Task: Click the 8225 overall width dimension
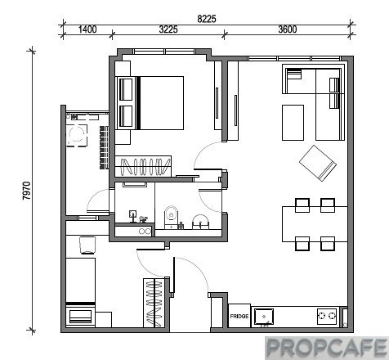(207, 19)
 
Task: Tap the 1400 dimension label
(87, 29)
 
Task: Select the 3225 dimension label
(168, 29)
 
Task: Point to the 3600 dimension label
(288, 29)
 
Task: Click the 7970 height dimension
(27, 191)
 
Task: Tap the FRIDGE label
(239, 316)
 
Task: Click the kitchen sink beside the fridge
(264, 317)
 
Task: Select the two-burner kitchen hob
(327, 316)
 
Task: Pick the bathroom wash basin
(200, 222)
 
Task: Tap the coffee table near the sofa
(293, 123)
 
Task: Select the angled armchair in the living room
(318, 163)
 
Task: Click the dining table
(315, 224)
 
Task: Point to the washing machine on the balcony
(77, 136)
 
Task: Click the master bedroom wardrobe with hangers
(143, 166)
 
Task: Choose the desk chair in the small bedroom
(87, 245)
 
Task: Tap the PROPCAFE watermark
(327, 348)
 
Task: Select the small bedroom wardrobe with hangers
(154, 303)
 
